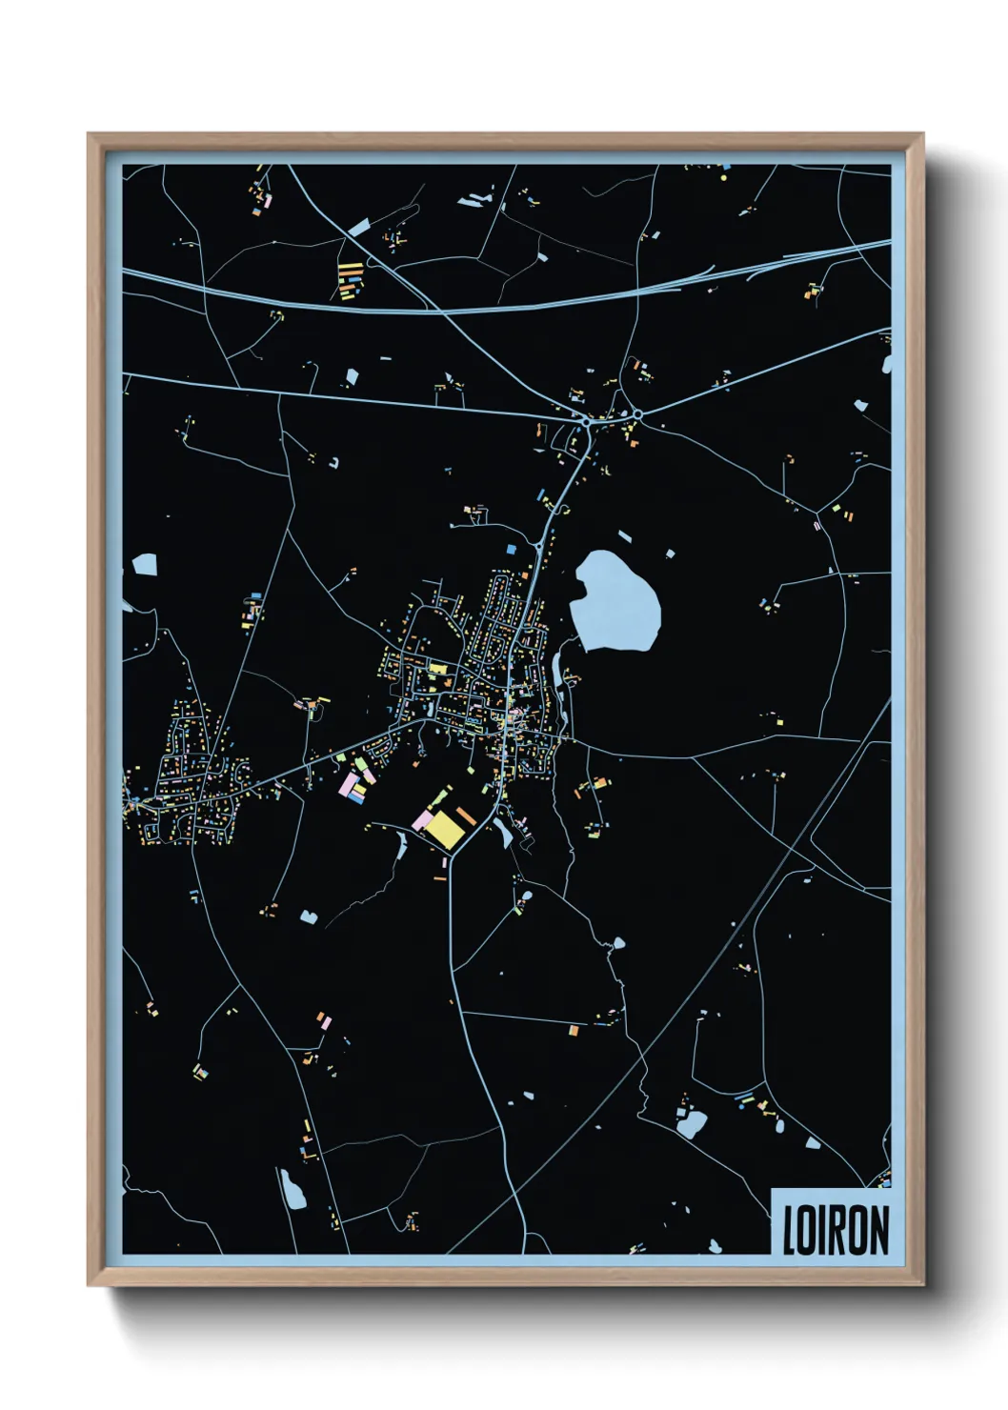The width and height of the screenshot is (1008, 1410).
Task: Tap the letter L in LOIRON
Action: (x=789, y=1230)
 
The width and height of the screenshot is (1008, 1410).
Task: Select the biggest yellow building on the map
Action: (x=444, y=829)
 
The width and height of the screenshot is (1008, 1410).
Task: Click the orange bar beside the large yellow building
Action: (x=466, y=816)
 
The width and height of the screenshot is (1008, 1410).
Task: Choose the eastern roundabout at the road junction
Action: (x=636, y=414)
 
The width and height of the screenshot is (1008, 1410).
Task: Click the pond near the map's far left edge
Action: (x=145, y=565)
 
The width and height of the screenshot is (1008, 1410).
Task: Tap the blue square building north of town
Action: (x=511, y=550)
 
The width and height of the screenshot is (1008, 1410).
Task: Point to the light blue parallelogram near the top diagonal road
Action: (x=358, y=228)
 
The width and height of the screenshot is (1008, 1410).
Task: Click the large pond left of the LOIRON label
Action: (x=692, y=1124)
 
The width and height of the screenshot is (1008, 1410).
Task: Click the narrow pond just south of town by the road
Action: (x=502, y=830)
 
